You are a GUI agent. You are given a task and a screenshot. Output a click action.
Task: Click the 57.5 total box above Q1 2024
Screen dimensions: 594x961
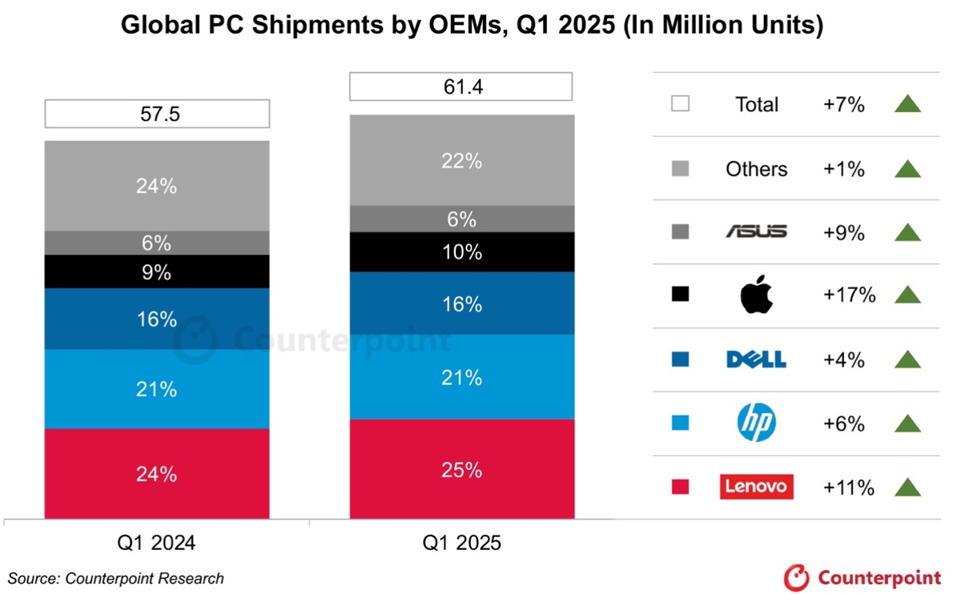tap(157, 114)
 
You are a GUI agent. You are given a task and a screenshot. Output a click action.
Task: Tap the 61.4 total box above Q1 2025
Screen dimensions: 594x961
tap(461, 86)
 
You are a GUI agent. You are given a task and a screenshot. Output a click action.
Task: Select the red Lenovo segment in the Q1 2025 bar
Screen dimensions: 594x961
tap(461, 469)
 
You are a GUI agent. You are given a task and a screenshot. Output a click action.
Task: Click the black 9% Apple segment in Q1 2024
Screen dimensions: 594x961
tap(157, 271)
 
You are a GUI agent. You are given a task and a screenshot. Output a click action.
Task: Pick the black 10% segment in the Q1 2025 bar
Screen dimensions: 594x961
tap(461, 252)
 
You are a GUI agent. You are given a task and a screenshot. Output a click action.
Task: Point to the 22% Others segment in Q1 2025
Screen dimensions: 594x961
tap(461, 160)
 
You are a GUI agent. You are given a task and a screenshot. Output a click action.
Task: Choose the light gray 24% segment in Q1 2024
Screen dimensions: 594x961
tap(157, 186)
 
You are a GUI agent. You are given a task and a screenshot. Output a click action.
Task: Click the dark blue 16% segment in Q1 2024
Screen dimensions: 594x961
tap(157, 319)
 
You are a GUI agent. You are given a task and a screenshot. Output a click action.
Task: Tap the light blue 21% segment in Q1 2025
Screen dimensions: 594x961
tap(461, 376)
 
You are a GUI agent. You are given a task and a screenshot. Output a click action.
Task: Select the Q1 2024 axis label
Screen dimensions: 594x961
tap(157, 544)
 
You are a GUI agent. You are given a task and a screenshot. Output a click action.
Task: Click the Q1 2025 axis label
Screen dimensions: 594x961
tap(461, 544)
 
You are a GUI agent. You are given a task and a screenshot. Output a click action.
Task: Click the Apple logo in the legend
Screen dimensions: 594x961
tap(756, 295)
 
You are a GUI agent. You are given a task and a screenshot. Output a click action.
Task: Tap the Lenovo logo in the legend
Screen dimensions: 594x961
tap(756, 487)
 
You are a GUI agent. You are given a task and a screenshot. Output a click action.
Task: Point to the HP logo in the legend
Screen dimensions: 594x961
tap(756, 423)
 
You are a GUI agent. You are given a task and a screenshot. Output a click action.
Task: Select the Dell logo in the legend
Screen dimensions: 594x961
tap(756, 360)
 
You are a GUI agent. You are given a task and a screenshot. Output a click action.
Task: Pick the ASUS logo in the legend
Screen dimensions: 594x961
tap(756, 232)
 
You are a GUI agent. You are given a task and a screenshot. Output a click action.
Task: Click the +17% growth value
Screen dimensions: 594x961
tap(849, 295)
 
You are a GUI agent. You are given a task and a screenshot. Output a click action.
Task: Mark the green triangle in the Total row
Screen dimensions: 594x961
tap(907, 104)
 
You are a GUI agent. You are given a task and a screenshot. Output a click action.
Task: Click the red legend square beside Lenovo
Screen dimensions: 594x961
tap(680, 487)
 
